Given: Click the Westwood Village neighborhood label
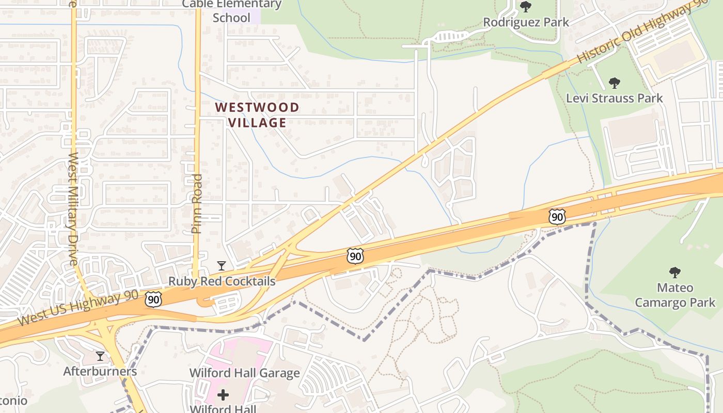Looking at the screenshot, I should [257, 115].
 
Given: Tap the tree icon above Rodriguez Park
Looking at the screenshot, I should [526, 7].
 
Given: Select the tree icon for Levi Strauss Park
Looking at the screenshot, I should [614, 83].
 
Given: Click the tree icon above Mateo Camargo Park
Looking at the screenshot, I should [674, 272].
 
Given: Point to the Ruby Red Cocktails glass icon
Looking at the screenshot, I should [222, 266].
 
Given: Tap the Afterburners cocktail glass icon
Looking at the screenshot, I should [100, 356].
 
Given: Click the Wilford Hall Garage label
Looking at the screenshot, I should [244, 373].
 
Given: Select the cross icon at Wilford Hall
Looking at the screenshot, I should [223, 395].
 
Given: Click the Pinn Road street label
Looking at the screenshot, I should [197, 203].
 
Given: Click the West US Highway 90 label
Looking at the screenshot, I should [77, 308].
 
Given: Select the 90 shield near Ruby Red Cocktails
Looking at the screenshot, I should [153, 299].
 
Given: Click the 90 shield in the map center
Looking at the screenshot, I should [355, 256].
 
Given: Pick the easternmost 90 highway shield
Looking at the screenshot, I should [557, 217].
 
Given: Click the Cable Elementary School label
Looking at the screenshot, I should [232, 11].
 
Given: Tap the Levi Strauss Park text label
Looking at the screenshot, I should [614, 98].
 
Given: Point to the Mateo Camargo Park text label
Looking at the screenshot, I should [675, 295].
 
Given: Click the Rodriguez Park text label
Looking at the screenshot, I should [526, 22].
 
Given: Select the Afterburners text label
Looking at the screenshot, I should [100, 371].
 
